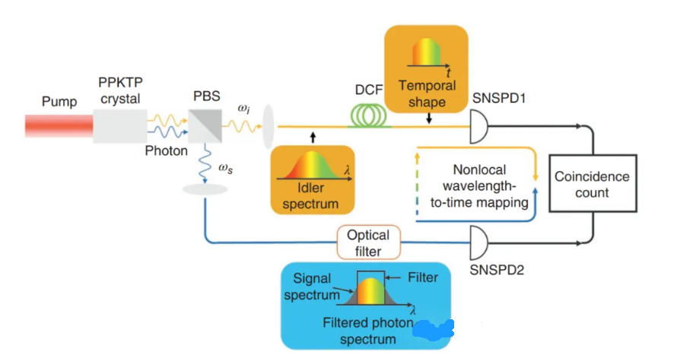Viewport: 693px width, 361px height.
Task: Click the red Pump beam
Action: (58, 125)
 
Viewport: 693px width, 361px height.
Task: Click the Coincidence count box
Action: (591, 184)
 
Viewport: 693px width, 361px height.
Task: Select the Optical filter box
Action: (367, 243)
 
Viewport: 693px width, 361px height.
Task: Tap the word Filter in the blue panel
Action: (423, 277)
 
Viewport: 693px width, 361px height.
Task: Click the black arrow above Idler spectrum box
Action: (313, 138)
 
